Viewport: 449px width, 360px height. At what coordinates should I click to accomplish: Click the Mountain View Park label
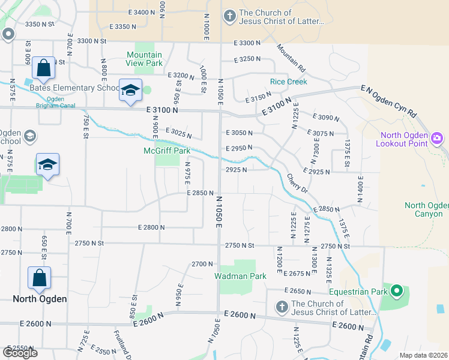pyautogui.click(x=144, y=58)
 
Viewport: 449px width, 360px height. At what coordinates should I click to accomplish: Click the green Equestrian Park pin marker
pyautogui.click(x=396, y=292)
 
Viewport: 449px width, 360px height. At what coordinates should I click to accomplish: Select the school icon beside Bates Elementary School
pyautogui.click(x=130, y=91)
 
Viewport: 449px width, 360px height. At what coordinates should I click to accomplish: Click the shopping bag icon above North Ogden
pyautogui.click(x=39, y=278)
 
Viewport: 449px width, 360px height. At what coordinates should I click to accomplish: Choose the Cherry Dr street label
pyautogui.click(x=297, y=183)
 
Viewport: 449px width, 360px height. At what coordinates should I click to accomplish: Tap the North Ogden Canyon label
pyautogui.click(x=426, y=209)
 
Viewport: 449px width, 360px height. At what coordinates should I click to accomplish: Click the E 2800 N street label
pyautogui.click(x=151, y=227)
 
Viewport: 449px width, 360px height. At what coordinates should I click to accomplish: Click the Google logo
pyautogui.click(x=20, y=352)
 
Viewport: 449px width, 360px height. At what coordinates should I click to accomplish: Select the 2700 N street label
pyautogui.click(x=202, y=264)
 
